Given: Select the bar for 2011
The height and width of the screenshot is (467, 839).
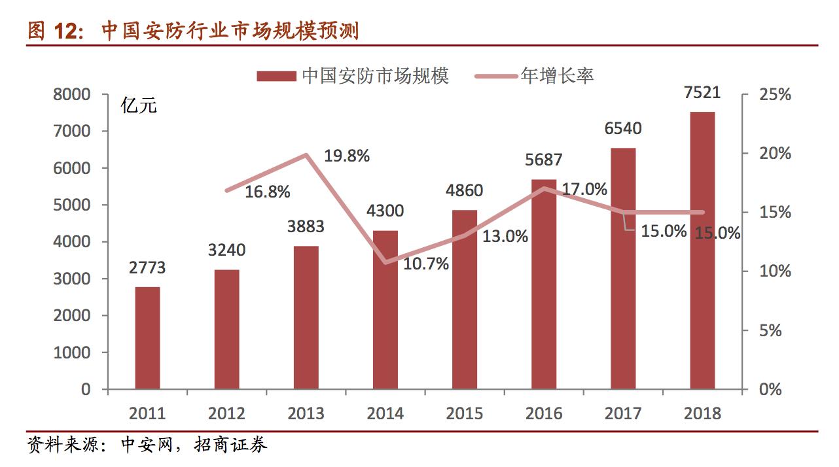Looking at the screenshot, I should click(x=148, y=337).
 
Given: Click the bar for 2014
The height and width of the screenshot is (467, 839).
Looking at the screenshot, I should click(x=385, y=309).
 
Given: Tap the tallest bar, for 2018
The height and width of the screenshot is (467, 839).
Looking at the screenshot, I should click(x=702, y=251).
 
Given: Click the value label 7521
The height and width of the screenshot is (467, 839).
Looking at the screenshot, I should click(x=702, y=92).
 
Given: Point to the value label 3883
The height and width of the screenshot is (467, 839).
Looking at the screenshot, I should click(x=306, y=227).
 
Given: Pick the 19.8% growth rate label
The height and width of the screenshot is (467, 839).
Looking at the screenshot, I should click(x=347, y=156).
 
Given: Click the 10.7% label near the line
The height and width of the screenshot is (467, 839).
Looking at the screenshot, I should click(x=426, y=264).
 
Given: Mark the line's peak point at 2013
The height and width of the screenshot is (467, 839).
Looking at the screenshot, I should click(x=306, y=155).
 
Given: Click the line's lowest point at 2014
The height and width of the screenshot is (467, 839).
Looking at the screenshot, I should click(x=385, y=262).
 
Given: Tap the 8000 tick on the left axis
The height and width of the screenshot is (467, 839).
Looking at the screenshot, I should click(x=72, y=95).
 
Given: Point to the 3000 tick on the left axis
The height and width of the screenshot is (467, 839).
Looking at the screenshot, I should click(x=72, y=279).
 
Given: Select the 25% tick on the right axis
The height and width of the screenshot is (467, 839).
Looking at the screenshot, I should click(x=775, y=95).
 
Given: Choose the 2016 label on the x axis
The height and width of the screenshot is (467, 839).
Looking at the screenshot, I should click(x=544, y=413).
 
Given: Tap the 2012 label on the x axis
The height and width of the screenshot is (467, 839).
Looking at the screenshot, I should click(x=226, y=413).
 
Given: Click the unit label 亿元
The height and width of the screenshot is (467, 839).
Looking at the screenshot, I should click(x=139, y=105).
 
